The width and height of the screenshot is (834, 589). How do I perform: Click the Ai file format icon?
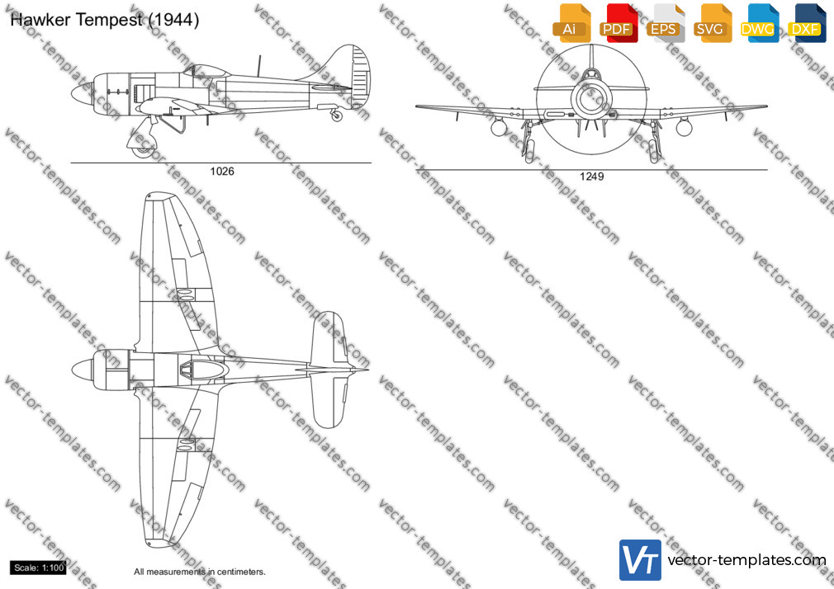point(571,22)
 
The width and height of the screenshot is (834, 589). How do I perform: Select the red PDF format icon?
point(618,22)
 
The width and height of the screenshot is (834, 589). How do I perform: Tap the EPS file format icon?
point(665,22)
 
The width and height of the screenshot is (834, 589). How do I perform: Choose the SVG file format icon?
point(712,22)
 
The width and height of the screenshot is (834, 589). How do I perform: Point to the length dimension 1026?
point(222,171)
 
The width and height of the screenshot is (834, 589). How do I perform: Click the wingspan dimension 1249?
point(591,177)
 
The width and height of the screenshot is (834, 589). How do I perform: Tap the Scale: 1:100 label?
point(38,568)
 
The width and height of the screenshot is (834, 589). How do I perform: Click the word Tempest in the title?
point(109,20)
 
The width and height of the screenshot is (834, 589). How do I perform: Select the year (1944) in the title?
point(173,20)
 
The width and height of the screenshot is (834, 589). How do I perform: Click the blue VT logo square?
point(641,560)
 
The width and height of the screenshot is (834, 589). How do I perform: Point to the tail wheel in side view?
point(337,115)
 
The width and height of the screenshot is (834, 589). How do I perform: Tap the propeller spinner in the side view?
point(82,93)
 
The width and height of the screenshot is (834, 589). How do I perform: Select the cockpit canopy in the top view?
point(204,370)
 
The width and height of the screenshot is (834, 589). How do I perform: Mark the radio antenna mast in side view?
point(259,65)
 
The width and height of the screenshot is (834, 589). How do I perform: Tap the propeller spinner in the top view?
point(82,370)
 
